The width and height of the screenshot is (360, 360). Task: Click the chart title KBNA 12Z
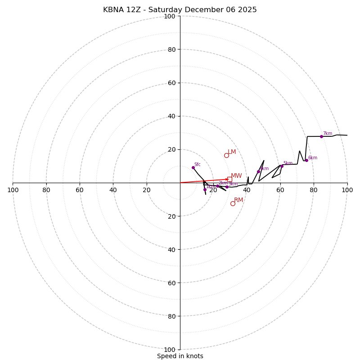coord(180,10)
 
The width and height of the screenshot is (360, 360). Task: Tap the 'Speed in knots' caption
coord(180,356)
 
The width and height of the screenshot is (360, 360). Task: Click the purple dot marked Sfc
coord(193,167)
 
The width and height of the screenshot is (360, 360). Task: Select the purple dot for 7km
coord(321,136)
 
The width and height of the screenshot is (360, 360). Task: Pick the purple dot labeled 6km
coord(306,160)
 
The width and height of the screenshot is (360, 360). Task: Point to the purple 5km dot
coord(282,166)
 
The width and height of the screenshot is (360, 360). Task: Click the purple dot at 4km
coord(258,171)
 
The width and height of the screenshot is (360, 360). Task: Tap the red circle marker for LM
coord(226,155)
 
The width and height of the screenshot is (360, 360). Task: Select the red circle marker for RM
coord(233,203)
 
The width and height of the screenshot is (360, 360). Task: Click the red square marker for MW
coord(229,179)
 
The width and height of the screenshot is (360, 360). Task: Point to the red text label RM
coord(238,200)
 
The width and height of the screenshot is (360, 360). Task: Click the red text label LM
coord(232,152)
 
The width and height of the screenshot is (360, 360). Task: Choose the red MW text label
coord(236,176)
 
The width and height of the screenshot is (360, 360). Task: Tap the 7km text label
coord(327,134)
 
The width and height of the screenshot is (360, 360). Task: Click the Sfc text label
coord(197,165)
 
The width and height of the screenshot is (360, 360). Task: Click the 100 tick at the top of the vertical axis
coord(170,16)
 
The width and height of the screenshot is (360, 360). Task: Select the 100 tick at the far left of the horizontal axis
coord(13,190)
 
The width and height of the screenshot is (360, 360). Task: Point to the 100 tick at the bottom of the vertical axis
coord(170,350)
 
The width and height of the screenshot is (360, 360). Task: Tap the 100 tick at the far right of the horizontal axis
coord(347,190)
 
